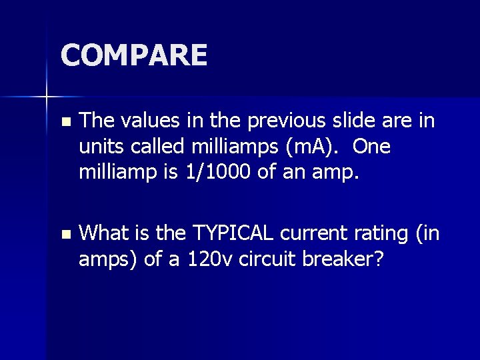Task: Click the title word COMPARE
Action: pyautogui.click(x=134, y=55)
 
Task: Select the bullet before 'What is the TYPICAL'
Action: pyautogui.click(x=64, y=235)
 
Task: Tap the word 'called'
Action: pyautogui.click(x=155, y=147)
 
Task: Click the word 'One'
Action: pyautogui.click(x=373, y=147)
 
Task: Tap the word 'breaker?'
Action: pyautogui.click(x=349, y=259)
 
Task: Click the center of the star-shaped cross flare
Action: pyautogui.click(x=47, y=97)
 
